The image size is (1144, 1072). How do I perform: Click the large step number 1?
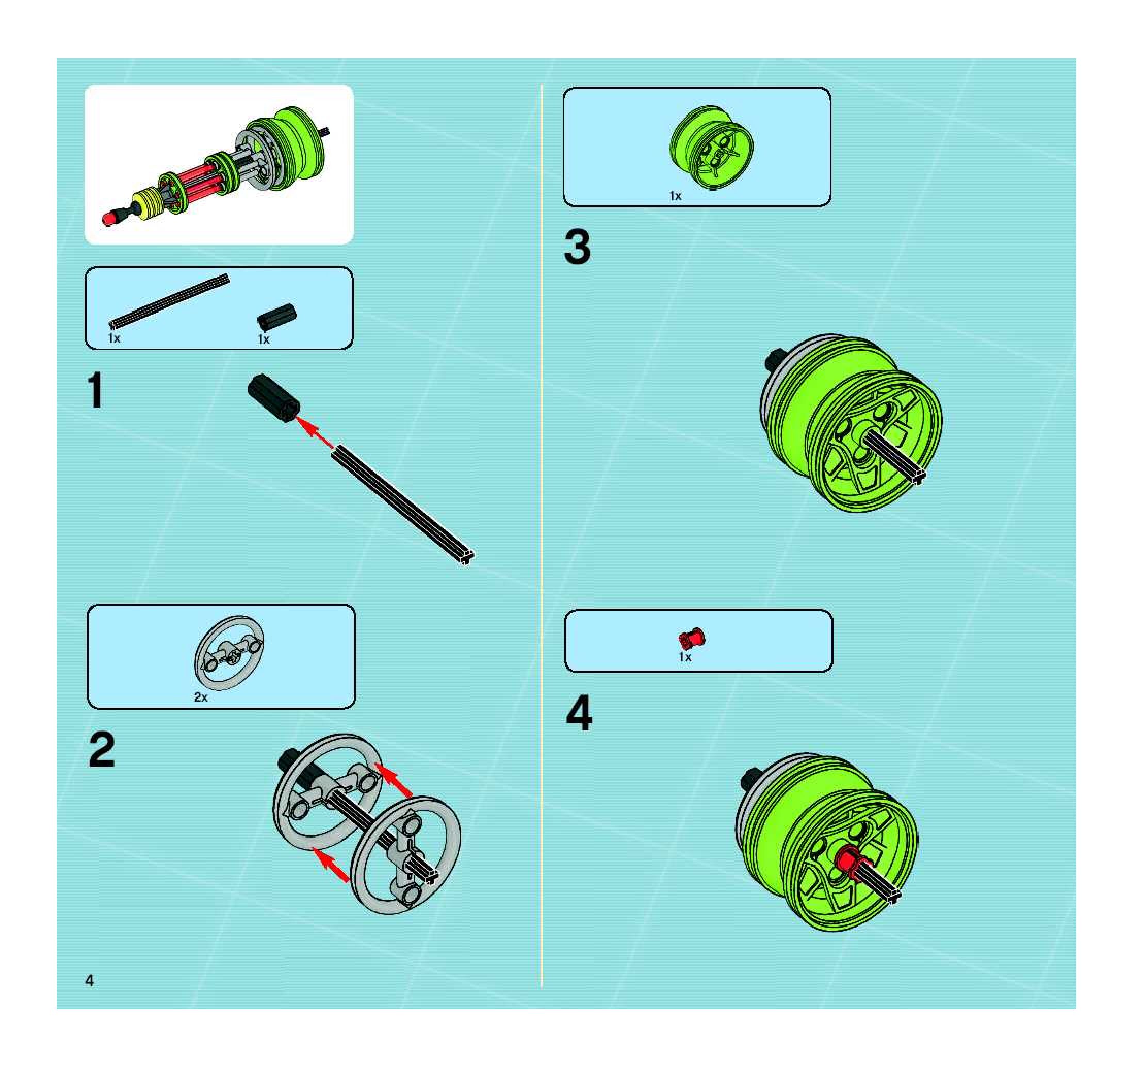click(x=95, y=390)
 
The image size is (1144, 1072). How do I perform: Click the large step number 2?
click(x=102, y=750)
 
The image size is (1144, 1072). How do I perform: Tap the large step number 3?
click(x=577, y=247)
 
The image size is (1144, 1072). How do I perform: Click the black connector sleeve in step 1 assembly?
click(x=273, y=398)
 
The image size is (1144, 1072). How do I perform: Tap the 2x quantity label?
click(x=201, y=697)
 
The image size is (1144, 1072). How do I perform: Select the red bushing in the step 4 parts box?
click(x=692, y=638)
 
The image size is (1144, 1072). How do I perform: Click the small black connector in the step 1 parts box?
click(x=277, y=316)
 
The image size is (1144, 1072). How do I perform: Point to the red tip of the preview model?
click(x=109, y=219)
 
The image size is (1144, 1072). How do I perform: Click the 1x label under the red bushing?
click(x=685, y=657)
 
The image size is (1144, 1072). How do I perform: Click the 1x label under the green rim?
click(x=675, y=196)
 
